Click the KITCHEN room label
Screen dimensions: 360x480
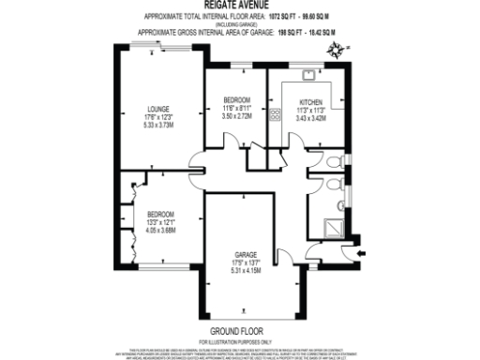tap(310, 102)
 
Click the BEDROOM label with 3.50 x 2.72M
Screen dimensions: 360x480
tap(236, 100)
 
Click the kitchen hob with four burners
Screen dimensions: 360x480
tap(276, 117)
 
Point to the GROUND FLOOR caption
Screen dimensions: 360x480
tap(237, 331)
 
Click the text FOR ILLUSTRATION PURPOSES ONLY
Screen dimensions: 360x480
tap(237, 341)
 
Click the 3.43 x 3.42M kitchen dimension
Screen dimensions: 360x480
tap(310, 118)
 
